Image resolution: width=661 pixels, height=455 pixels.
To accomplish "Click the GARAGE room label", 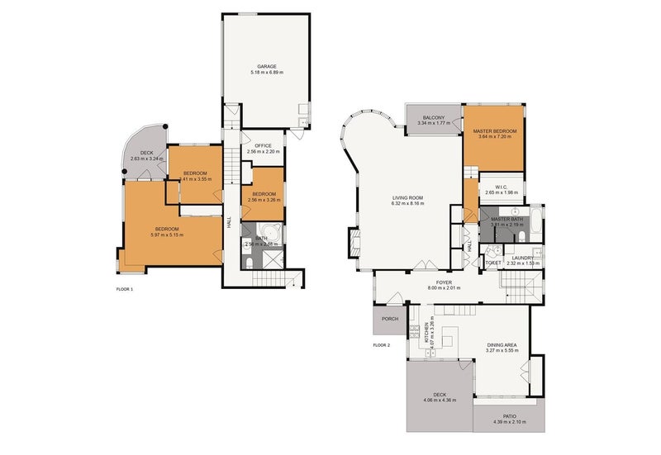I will coord(266,66).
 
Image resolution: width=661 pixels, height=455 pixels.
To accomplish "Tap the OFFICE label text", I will coord(264,145).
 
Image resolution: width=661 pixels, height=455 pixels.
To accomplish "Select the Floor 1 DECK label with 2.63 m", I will coord(146,153).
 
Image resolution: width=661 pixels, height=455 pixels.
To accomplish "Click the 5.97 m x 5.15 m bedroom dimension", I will coord(167,235).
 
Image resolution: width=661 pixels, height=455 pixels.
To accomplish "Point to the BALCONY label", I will coord(434,118).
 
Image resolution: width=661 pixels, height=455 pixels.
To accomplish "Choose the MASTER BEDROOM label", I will coord(494,131).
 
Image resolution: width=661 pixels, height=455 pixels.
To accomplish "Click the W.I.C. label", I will coord(501,187).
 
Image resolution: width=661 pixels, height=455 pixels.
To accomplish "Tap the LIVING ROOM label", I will coord(407,197).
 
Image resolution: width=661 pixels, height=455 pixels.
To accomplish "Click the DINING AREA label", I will coord(502,345).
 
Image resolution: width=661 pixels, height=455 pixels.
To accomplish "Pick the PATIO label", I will coord(510,416).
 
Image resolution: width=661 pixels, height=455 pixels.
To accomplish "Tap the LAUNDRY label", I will coord(522,258).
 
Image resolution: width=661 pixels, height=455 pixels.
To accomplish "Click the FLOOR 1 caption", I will coord(125,290).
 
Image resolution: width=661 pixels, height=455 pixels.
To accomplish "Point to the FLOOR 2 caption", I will coord(381,344).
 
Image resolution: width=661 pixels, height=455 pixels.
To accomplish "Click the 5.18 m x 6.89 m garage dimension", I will coord(267,73).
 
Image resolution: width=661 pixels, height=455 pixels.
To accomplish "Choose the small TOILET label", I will coord(493,263).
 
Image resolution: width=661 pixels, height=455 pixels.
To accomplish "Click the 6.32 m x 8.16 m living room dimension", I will coord(407,203).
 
